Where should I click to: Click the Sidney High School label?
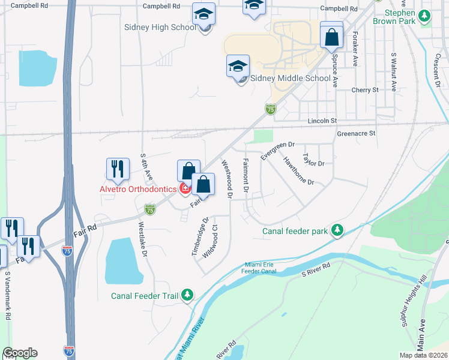pyautogui.click(x=160, y=27)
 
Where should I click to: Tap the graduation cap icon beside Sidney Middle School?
pyautogui.click(x=238, y=66)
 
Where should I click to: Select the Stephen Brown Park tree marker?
pyautogui.click(x=426, y=17)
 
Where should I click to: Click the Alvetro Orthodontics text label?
pyautogui.click(x=139, y=188)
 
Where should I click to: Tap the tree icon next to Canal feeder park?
pyautogui.click(x=338, y=230)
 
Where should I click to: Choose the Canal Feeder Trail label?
pyautogui.click(x=146, y=295)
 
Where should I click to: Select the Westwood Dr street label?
pyautogui.click(x=227, y=179)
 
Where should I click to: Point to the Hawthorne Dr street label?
pyautogui.click(x=298, y=170)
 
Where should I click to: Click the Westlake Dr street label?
pyautogui.click(x=143, y=239)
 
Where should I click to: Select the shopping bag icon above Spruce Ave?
pyautogui.click(x=331, y=37)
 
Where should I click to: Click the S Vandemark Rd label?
pyautogui.click(x=8, y=298)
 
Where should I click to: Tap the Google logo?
pyautogui.click(x=20, y=353)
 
